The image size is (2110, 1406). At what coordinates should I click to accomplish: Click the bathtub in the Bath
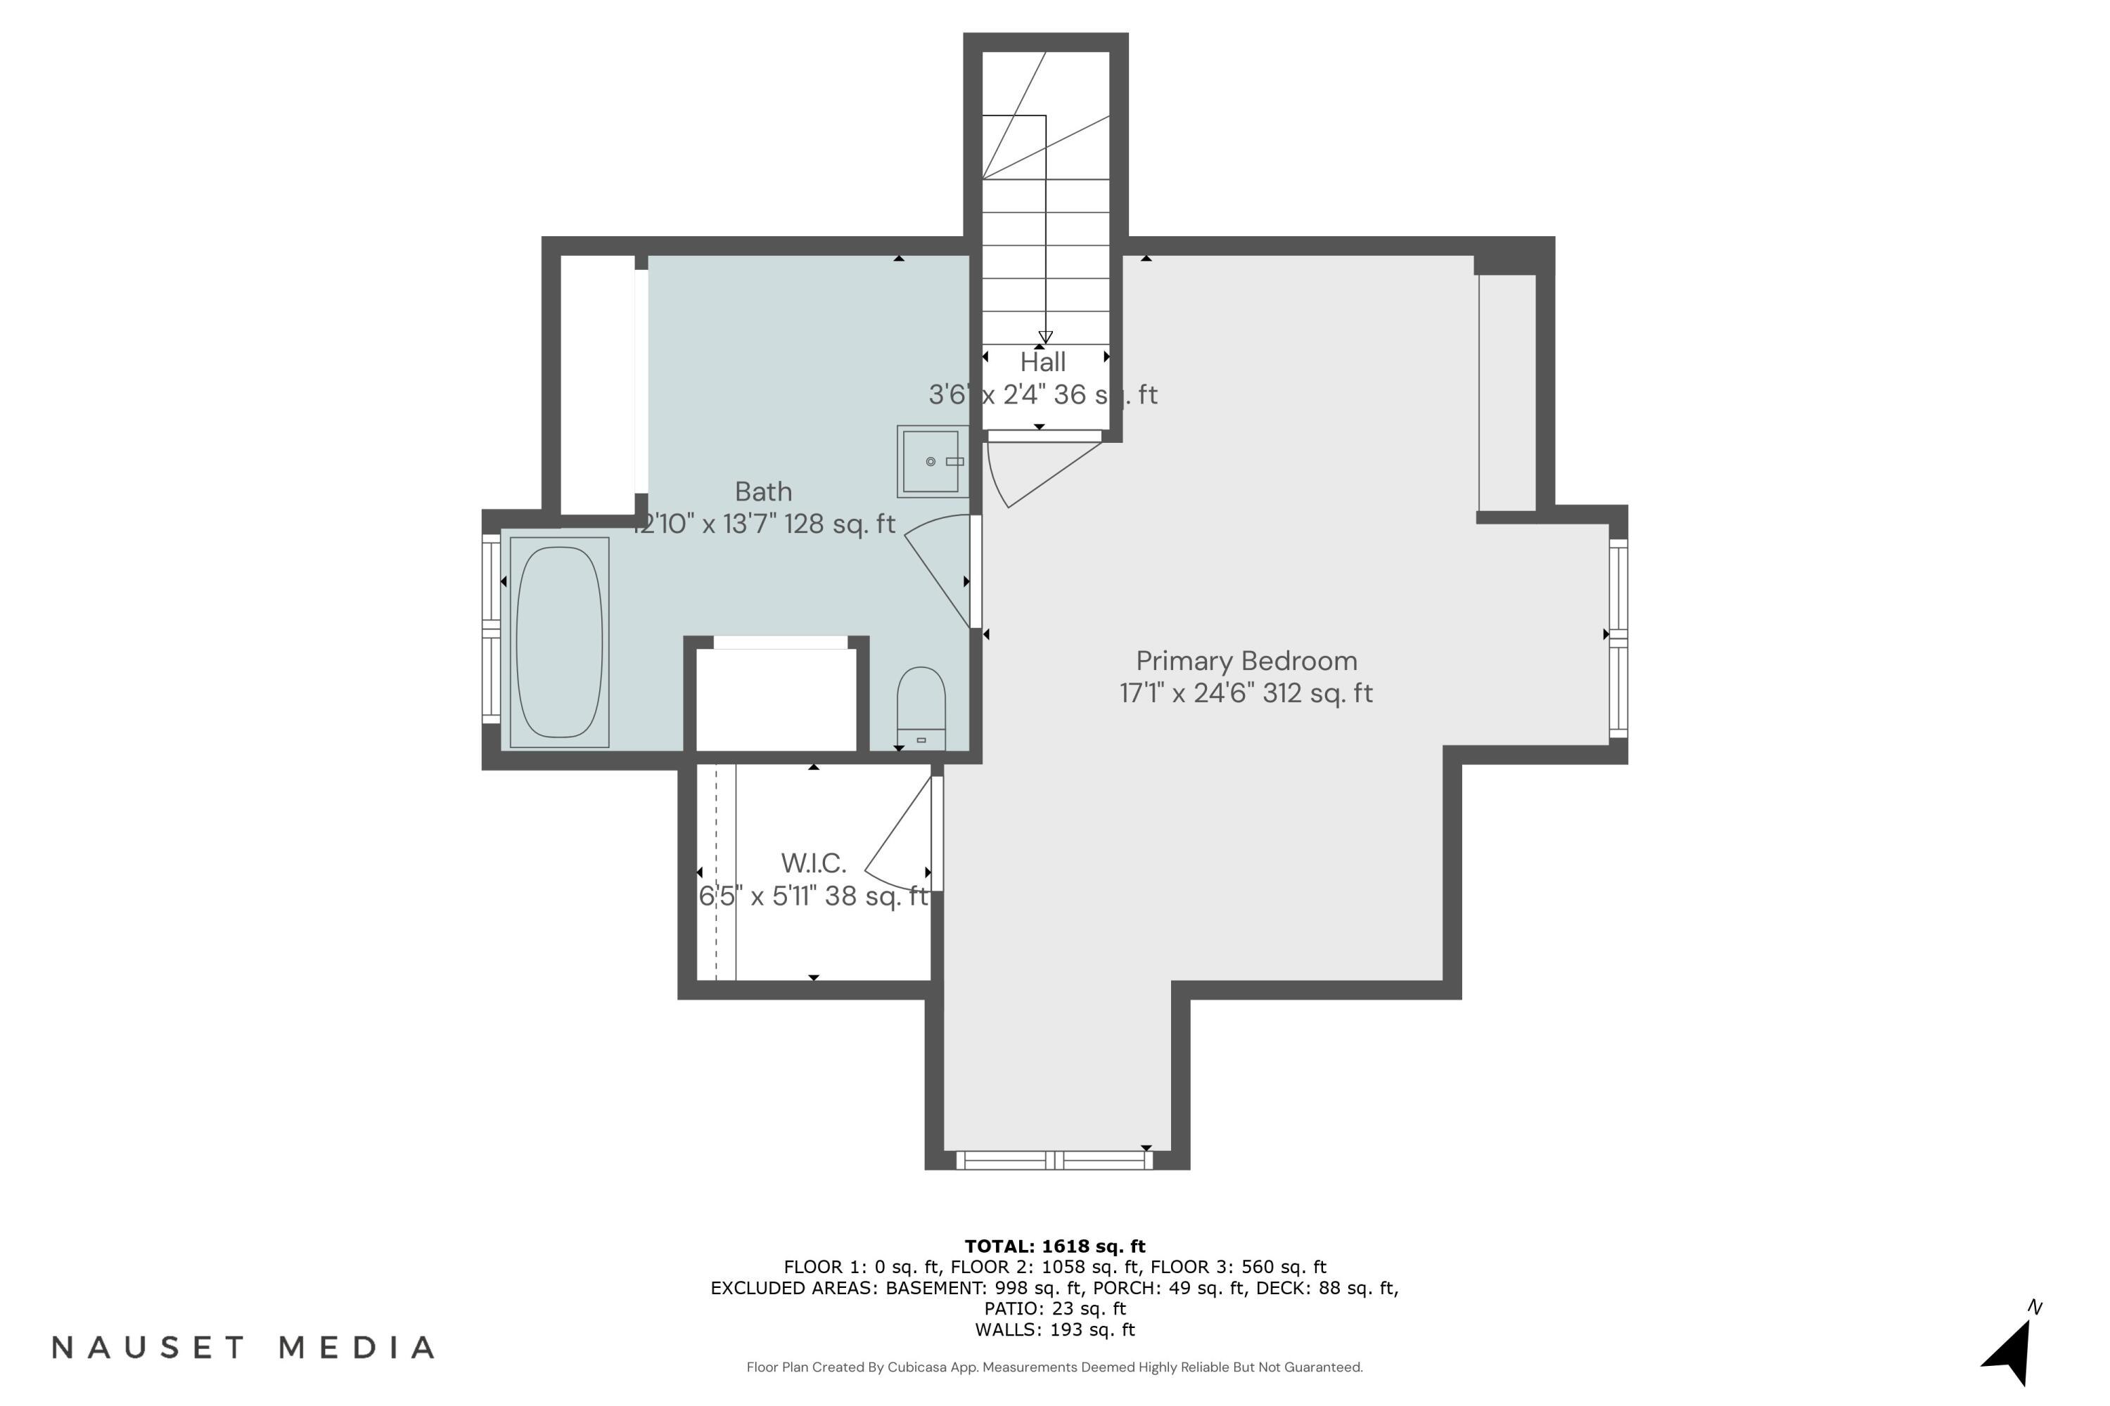point(559,642)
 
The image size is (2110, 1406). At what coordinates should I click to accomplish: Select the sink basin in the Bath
point(931,462)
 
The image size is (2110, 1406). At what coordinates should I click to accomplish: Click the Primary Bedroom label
point(1246,661)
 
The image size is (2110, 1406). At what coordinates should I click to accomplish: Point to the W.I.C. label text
point(814,863)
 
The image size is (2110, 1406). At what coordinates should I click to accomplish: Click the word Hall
point(1042,362)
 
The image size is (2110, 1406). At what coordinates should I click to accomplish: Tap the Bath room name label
point(763,491)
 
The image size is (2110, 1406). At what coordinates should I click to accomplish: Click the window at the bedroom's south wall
point(1055,1161)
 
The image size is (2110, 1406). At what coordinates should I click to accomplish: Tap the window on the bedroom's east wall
point(1618,638)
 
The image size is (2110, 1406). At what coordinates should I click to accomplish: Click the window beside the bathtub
point(491,628)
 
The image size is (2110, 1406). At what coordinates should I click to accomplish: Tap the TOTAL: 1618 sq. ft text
point(1054,1246)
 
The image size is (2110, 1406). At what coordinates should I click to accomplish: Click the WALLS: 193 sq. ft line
point(1054,1330)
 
